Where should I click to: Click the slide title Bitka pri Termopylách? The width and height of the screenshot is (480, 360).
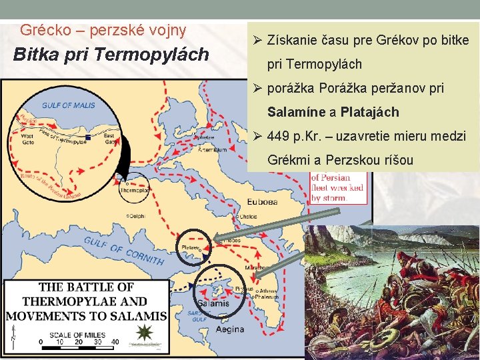pyautogui.click(x=111, y=55)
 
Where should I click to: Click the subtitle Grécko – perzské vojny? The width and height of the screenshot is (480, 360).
pyautogui.click(x=103, y=30)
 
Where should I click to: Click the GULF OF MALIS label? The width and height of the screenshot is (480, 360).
pyautogui.click(x=69, y=105)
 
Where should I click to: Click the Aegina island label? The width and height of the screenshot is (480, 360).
pyautogui.click(x=230, y=329)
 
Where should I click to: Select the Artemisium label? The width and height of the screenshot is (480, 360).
pyautogui.click(x=213, y=149)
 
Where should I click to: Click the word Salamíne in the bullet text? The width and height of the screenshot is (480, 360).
pyautogui.click(x=297, y=112)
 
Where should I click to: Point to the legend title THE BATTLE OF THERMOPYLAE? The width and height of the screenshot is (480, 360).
pyautogui.click(x=87, y=294)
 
